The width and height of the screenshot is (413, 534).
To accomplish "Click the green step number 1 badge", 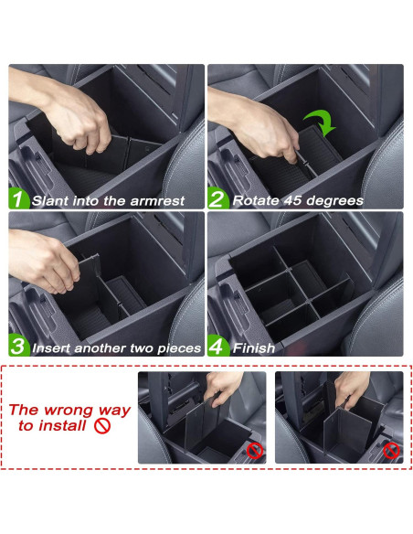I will pyautogui.click(x=18, y=198).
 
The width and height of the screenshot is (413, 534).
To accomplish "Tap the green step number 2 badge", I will pyautogui.click(x=217, y=198).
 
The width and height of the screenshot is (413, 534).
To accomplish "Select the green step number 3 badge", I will pyautogui.click(x=18, y=347).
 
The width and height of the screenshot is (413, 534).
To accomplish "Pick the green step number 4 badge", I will pyautogui.click(x=217, y=347).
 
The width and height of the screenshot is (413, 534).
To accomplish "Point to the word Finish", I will pyautogui.click(x=254, y=347).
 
